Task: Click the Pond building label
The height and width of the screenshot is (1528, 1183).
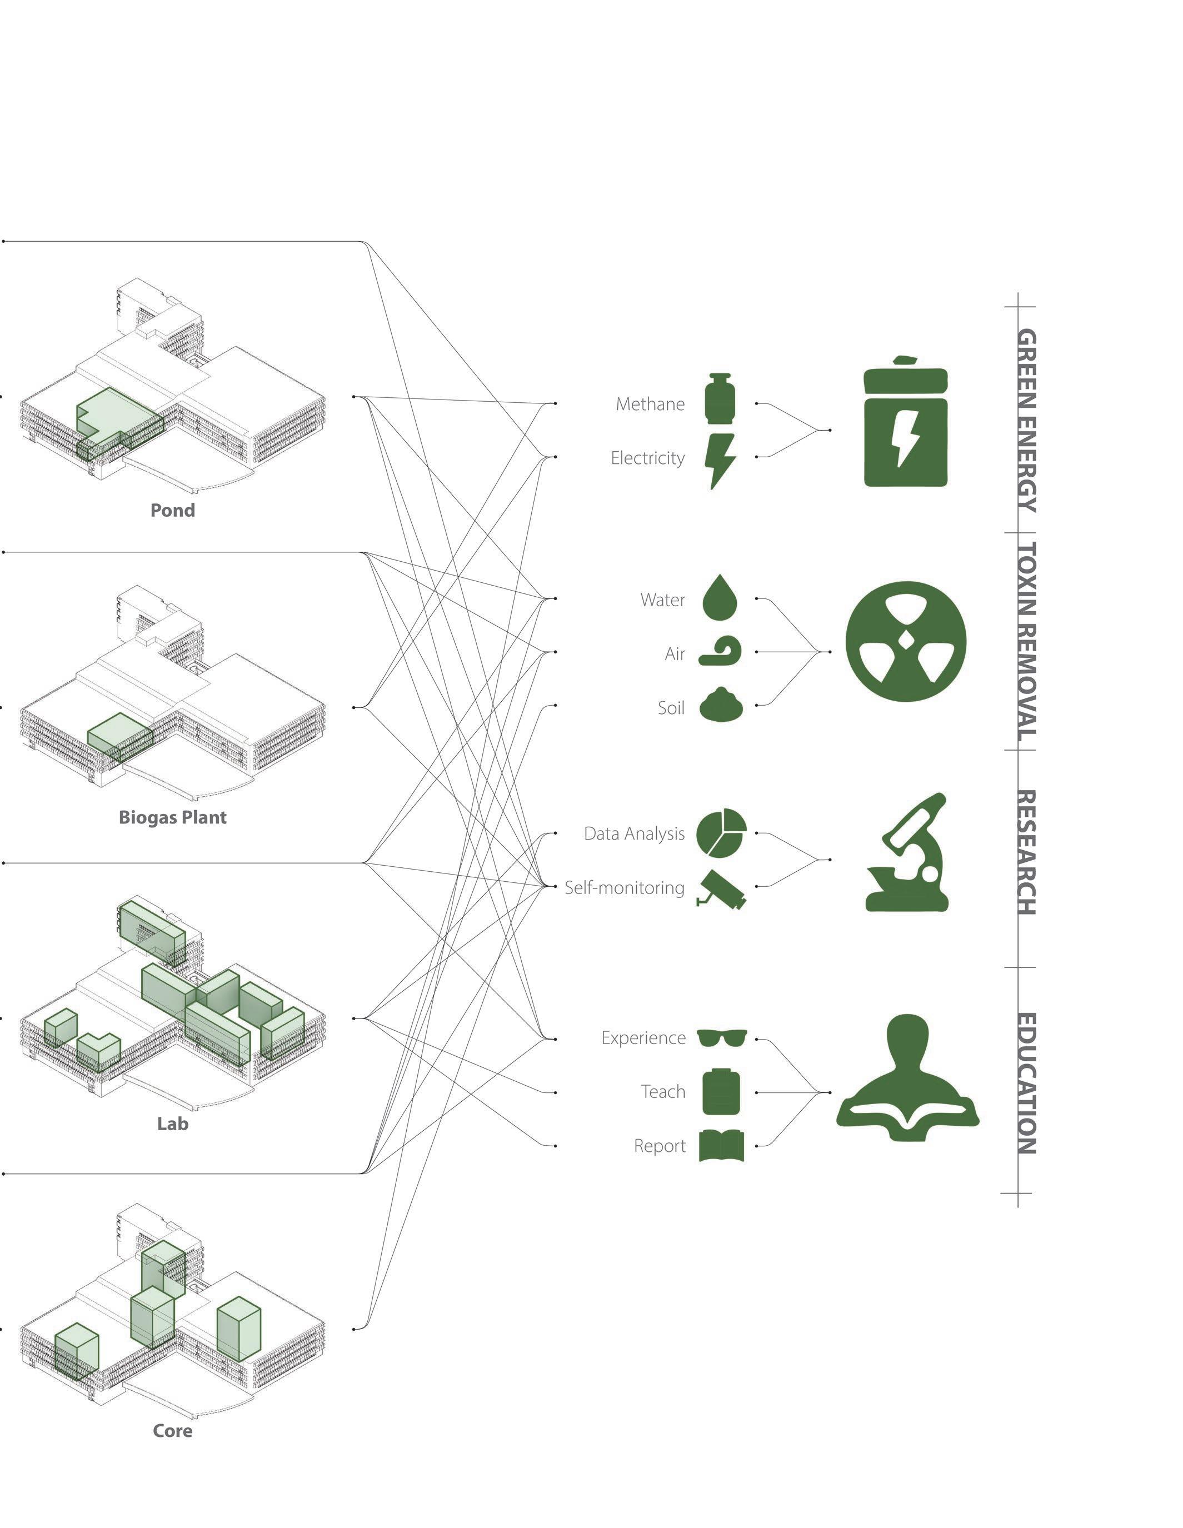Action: tap(172, 510)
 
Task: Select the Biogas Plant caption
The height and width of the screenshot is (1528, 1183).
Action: tap(172, 817)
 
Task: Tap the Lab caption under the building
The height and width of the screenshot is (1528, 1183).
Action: tap(172, 1123)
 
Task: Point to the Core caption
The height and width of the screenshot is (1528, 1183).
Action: tap(172, 1431)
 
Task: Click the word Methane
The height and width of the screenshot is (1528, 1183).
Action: tap(650, 405)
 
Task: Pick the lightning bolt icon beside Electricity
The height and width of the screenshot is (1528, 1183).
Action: tap(721, 460)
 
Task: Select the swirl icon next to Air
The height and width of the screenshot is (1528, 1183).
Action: tap(721, 652)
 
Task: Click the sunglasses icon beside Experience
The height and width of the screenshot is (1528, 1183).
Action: tap(721, 1037)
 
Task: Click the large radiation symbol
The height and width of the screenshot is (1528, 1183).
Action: tap(905, 641)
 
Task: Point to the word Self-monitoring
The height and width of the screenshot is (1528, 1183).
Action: tap(625, 888)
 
